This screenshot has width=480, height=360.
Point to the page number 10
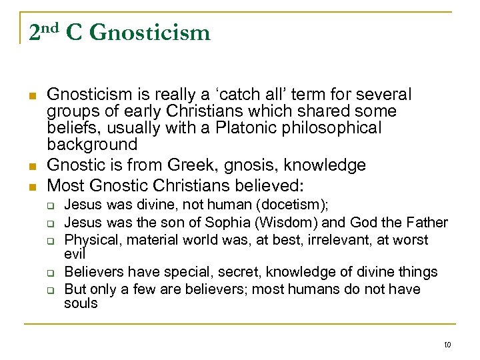pos(447,344)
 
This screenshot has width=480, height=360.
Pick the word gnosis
pos(245,165)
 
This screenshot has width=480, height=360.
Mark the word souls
pos(80,303)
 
